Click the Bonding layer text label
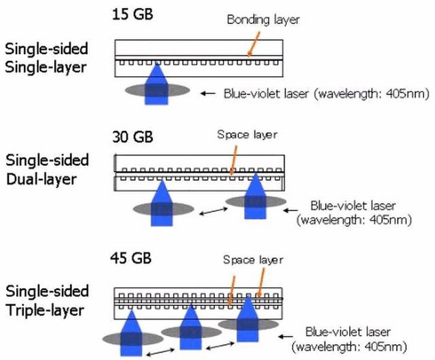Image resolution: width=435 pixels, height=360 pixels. [263, 20]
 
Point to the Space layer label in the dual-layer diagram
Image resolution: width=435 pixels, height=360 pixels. [247, 134]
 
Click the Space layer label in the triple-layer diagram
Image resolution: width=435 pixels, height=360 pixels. [252, 260]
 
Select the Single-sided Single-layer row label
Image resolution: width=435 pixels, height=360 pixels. [47, 57]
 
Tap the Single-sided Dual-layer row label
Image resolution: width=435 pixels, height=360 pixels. [47, 169]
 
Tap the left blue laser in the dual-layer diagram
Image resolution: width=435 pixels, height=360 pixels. [161, 204]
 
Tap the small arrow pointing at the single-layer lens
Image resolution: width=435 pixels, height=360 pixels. [207, 94]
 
